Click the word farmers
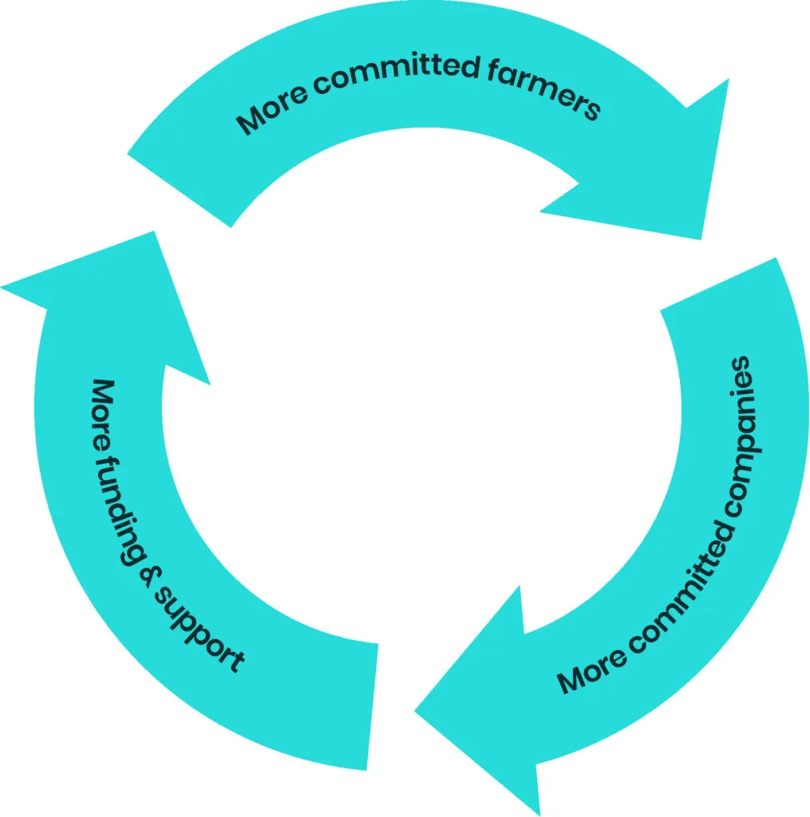542,87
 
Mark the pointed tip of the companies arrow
417,710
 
